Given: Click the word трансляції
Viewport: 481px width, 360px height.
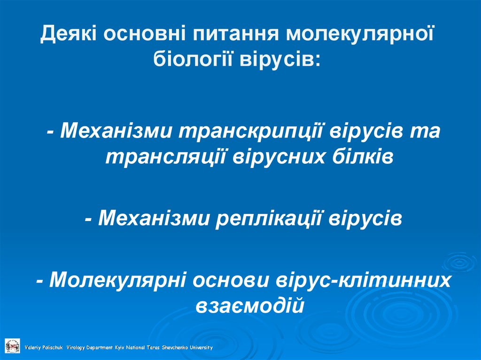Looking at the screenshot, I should point(164,156).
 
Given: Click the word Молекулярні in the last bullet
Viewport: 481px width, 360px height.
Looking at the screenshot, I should point(119,280).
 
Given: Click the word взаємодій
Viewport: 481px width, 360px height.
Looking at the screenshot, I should point(249,306).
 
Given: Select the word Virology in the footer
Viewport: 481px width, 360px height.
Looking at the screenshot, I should point(75,348).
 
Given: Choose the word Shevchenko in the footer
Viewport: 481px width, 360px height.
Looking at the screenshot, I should point(174,348).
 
